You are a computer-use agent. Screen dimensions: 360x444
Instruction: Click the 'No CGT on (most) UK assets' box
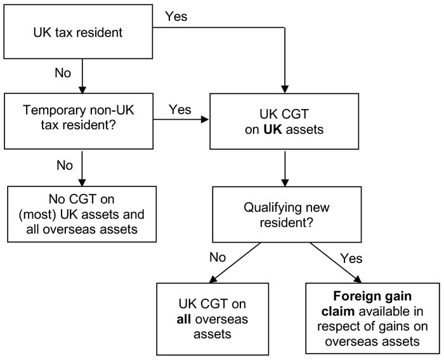[x=81, y=213]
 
